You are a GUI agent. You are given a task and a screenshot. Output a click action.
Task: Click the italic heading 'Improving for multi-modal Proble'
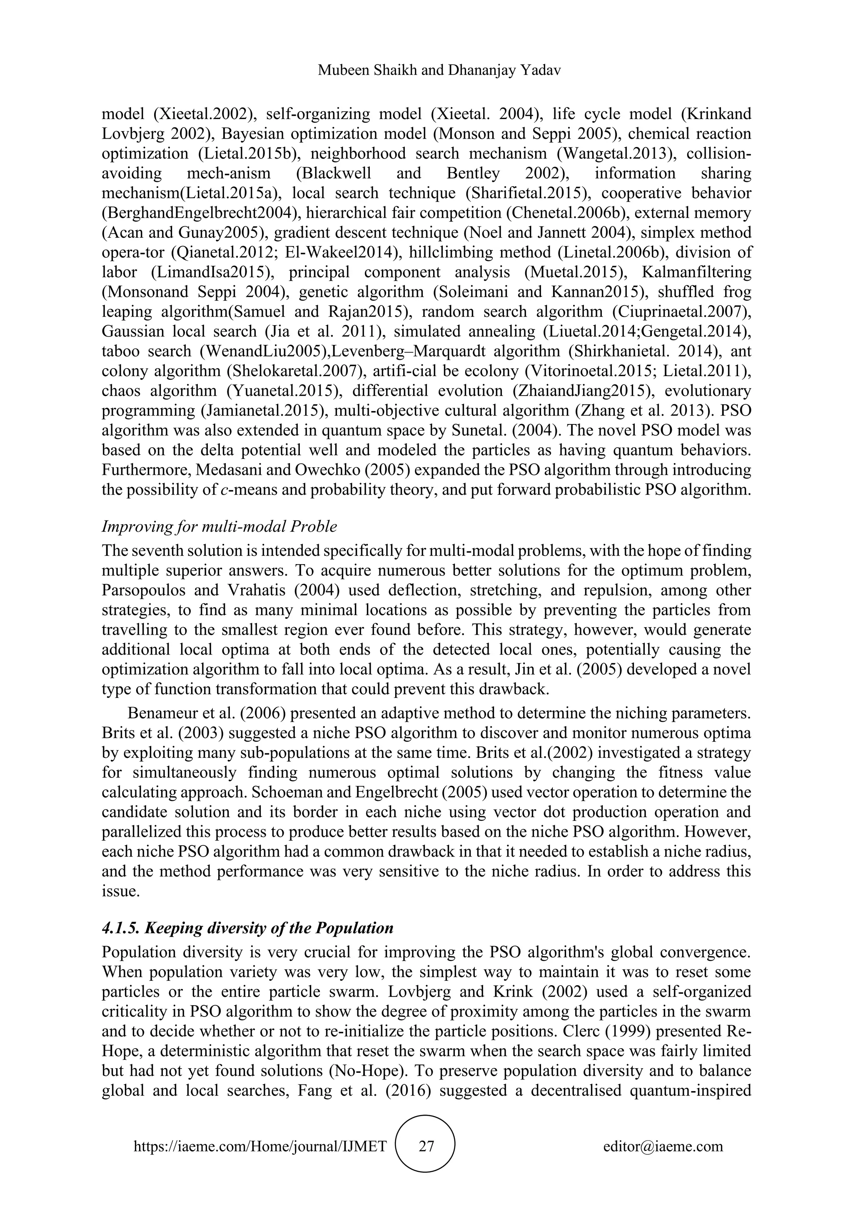[219, 526]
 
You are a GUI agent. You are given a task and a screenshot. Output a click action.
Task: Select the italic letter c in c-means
[224, 490]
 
